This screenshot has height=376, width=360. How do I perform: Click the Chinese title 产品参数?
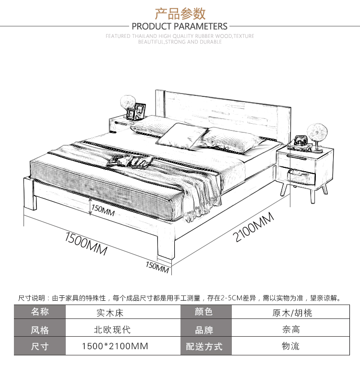tap(180, 12)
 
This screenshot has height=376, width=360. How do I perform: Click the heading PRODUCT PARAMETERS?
tap(180, 26)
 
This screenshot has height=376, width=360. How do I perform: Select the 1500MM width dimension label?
tap(86, 242)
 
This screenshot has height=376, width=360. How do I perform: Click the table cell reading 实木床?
tap(110, 313)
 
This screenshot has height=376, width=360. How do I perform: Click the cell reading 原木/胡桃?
tap(291, 313)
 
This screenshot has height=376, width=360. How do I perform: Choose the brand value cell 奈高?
tap(291, 329)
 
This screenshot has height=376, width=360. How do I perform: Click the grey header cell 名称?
tap(40, 312)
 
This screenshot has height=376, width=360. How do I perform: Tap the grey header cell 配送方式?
tap(204, 346)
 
